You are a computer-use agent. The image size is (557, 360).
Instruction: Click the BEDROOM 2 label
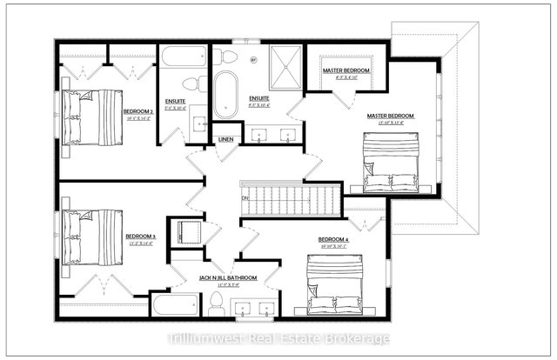pos(138,112)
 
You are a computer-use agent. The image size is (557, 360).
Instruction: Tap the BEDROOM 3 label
pos(139,236)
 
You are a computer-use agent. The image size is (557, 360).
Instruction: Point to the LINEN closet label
pos(226,139)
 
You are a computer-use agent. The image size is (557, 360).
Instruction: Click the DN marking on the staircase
pos(246,198)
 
